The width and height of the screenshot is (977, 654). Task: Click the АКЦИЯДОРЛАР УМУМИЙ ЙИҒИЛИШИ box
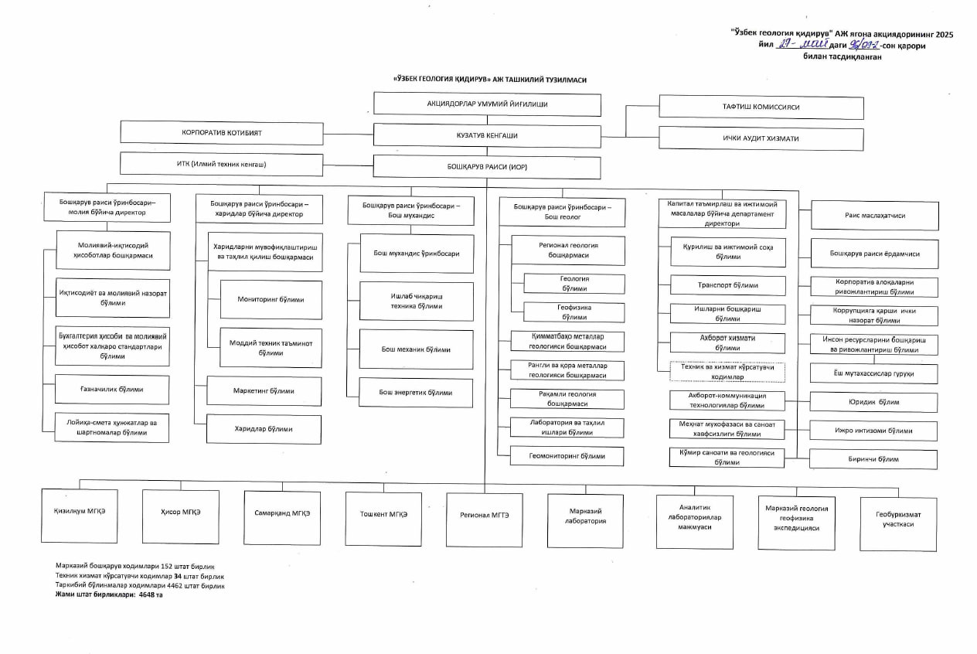(487, 104)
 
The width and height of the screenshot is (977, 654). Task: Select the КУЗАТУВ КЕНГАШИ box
(487, 135)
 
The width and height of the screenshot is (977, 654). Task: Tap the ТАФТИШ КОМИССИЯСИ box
(761, 107)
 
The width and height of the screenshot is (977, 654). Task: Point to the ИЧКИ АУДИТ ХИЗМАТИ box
(761, 138)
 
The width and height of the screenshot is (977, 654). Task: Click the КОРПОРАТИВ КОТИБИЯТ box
(222, 133)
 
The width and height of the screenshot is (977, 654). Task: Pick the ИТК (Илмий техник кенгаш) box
(222, 165)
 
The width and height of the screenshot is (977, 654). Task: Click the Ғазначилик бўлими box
(112, 390)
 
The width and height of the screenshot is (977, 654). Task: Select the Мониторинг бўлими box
(271, 299)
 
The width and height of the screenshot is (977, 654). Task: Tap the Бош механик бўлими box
(416, 349)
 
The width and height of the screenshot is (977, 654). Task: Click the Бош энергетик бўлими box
(416, 393)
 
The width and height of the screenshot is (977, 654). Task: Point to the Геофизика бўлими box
(574, 312)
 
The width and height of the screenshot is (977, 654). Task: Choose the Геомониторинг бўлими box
(567, 456)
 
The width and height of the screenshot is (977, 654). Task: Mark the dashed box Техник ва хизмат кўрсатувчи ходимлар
(727, 373)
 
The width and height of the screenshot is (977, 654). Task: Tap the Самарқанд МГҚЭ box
(282, 514)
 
